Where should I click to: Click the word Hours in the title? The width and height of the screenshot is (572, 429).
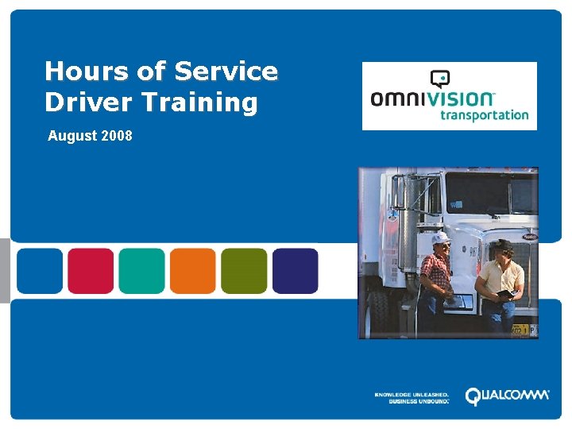86,71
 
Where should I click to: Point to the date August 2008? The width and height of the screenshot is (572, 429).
90,136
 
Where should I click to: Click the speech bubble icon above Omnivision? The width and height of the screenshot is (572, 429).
439,78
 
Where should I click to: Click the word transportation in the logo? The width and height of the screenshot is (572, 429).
484,114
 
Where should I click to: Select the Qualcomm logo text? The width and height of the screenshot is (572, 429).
506,396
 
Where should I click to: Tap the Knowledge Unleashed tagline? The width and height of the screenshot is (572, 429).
412,397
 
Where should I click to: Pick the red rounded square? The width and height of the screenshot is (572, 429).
91,271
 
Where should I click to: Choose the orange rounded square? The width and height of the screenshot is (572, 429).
193,271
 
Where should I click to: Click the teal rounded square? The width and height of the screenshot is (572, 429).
141,271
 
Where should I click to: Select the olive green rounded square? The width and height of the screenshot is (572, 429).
244,271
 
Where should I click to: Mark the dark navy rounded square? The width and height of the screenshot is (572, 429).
295,271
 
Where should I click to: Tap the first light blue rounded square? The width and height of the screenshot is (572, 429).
40,271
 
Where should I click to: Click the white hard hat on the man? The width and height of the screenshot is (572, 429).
440,238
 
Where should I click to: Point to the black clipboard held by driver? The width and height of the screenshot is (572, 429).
505,295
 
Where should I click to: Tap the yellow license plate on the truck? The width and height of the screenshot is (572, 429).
522,329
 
